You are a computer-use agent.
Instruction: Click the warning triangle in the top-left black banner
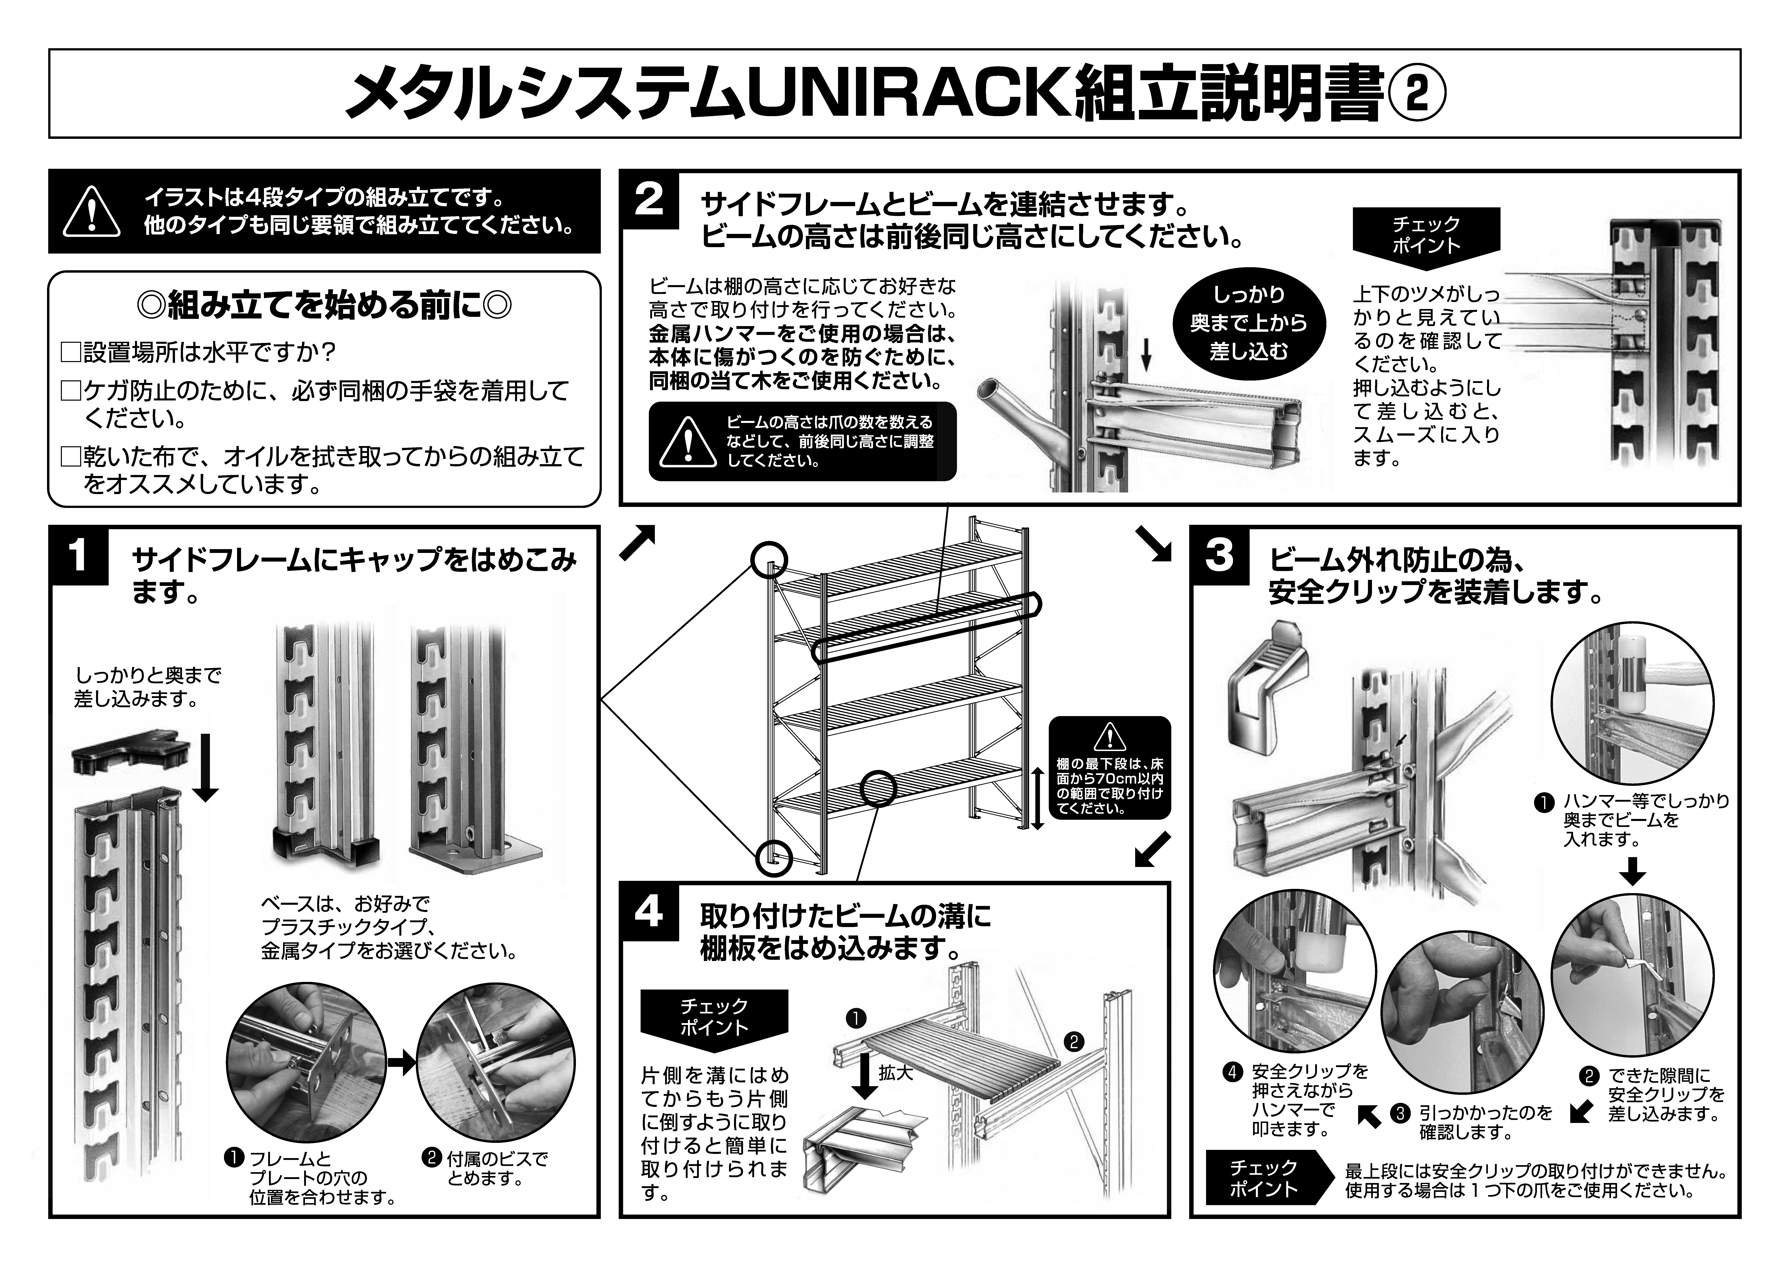[x=92, y=212]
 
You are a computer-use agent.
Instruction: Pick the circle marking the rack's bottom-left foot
[x=773, y=858]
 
